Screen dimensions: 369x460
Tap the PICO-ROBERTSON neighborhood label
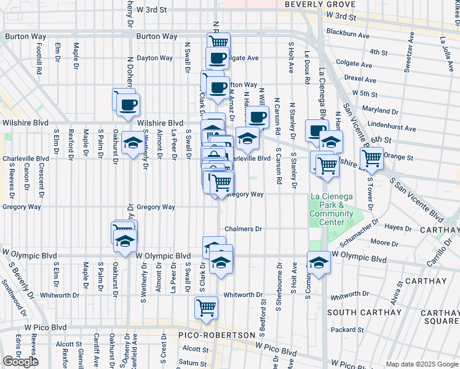[x=216, y=335]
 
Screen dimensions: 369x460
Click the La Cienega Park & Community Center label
[x=331, y=209]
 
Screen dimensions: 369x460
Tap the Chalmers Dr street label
[x=243, y=229]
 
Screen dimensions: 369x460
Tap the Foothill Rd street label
[x=39, y=59]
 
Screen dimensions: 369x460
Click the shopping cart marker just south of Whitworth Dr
[x=206, y=306]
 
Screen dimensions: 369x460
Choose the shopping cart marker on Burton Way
[x=218, y=42]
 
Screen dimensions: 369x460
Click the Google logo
[x=20, y=361]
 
